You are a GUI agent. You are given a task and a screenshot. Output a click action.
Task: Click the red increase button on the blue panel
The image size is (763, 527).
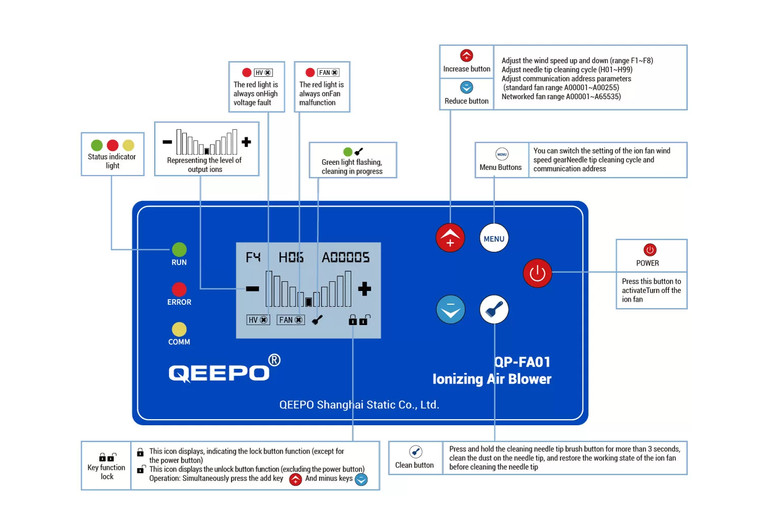[x=450, y=238]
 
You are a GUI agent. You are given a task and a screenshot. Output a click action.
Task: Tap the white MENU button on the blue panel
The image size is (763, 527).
[x=494, y=238]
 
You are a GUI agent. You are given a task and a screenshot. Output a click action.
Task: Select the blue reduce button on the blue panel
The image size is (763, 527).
[x=451, y=309]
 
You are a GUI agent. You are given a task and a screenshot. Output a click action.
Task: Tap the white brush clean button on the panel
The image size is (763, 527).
[x=494, y=309]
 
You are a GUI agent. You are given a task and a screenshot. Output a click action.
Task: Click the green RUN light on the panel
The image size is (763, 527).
[x=179, y=249]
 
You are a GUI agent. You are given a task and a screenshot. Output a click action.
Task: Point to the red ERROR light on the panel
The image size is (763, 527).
[x=179, y=289]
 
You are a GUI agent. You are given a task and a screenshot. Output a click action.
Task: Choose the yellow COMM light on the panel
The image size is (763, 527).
[x=179, y=329]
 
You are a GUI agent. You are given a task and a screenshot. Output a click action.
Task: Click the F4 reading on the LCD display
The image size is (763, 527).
[x=253, y=257]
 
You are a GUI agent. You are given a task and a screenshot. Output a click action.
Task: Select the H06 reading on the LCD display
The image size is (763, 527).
[x=291, y=257]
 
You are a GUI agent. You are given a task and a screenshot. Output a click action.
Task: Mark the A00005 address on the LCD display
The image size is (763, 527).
[x=345, y=257]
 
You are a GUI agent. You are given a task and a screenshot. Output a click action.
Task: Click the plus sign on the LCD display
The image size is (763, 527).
[x=364, y=289]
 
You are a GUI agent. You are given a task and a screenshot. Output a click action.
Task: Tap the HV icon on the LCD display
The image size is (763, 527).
[x=258, y=320]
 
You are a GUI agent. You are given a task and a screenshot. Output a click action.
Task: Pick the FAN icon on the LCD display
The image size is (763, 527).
[x=290, y=320]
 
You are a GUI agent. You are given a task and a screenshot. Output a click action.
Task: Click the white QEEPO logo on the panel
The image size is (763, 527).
[x=219, y=373]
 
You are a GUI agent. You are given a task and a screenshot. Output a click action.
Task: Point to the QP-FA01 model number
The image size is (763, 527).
[x=522, y=362]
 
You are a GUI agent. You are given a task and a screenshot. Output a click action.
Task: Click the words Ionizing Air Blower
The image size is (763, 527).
[x=491, y=379]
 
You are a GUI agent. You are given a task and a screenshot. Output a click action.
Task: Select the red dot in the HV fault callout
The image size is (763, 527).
[x=247, y=73]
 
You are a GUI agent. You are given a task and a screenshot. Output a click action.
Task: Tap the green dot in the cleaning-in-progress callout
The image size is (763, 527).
[x=348, y=152]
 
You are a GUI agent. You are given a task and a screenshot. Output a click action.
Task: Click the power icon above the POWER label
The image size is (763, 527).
[x=650, y=250]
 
